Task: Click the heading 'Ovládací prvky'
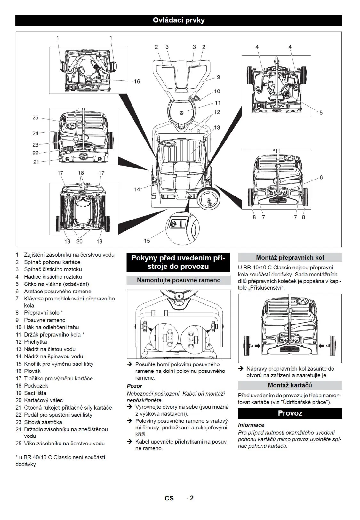179,20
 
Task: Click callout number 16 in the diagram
137,81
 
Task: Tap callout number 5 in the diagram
321,112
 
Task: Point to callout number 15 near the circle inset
147,240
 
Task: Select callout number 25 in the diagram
35,117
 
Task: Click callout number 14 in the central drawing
137,189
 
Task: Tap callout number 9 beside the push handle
218,77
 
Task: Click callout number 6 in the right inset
321,177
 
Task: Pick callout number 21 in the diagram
36,162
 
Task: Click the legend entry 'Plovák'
32,371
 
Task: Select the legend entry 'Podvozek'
36,386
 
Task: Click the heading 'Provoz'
290,413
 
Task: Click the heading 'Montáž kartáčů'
290,385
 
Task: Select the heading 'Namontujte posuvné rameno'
179,280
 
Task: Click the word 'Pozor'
134,386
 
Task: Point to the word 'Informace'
251,425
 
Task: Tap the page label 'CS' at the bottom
169,498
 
